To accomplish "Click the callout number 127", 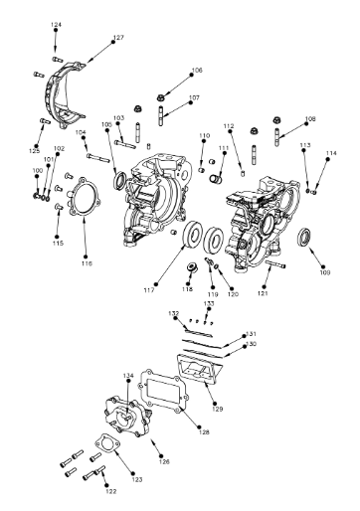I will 118,38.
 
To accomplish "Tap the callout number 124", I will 56,23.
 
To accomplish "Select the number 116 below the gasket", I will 87,264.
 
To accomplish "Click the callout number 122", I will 110,491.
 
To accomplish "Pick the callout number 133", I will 209,303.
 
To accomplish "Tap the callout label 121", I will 264,293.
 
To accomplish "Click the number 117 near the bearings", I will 149,289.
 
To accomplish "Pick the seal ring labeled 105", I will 121,180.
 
